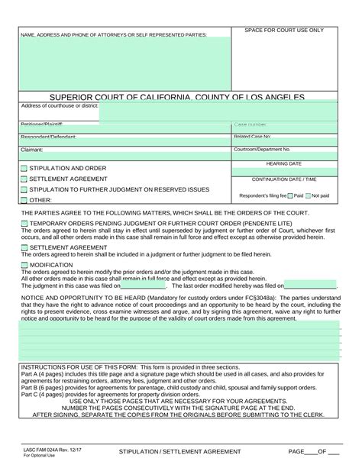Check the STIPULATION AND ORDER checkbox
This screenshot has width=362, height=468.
(x=24, y=168)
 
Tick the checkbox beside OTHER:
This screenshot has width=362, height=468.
(x=24, y=200)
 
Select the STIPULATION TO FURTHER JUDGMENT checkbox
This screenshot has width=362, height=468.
(x=24, y=189)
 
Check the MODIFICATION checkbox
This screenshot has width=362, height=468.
(x=24, y=265)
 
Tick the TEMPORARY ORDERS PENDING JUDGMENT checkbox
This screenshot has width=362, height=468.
(x=24, y=223)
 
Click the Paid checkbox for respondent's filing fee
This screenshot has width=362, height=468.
(x=291, y=195)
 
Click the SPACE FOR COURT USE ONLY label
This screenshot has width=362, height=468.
(x=283, y=31)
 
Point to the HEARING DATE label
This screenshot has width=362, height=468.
(x=283, y=163)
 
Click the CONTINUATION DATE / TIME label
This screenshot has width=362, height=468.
(x=283, y=179)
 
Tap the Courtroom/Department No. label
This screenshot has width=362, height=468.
(x=262, y=150)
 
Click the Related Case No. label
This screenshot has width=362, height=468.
(x=252, y=137)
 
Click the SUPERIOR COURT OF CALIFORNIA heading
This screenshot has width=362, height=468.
(x=177, y=98)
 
